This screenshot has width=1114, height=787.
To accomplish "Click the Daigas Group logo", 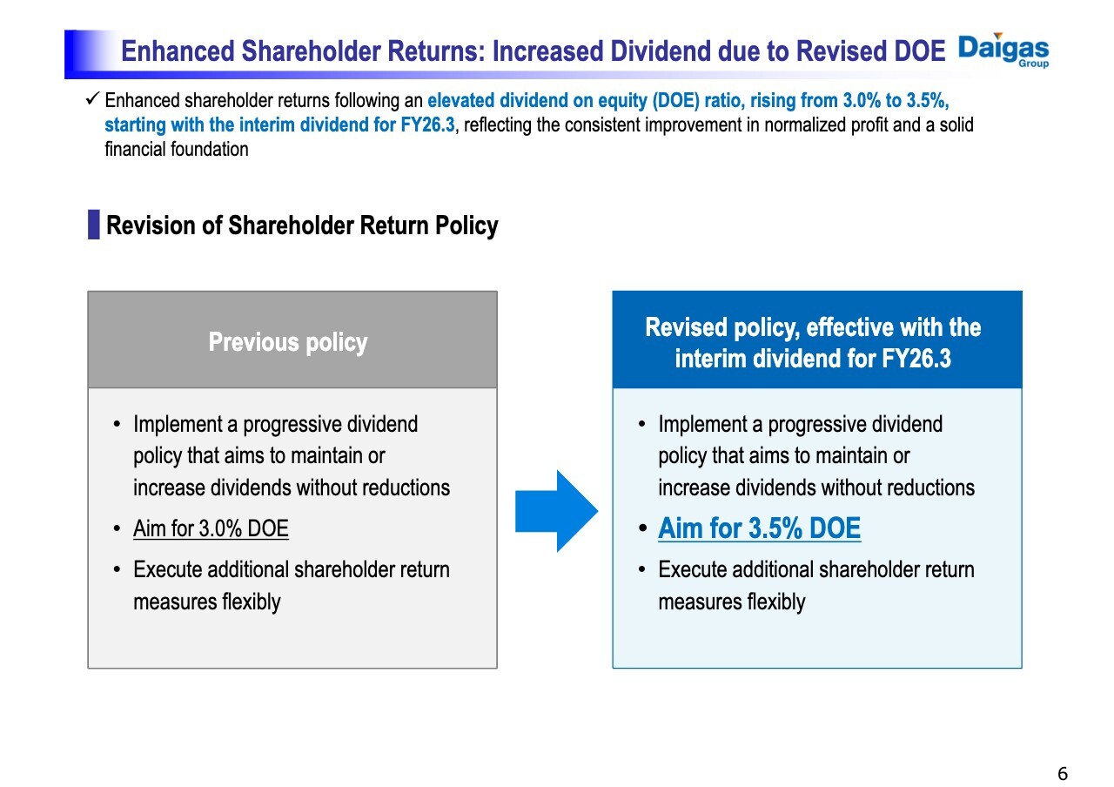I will point(1003,50).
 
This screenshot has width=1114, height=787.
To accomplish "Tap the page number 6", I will point(1062,774).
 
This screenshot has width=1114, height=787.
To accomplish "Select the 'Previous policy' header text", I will point(288,342).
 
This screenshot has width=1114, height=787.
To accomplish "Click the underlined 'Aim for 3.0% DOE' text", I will point(211,528).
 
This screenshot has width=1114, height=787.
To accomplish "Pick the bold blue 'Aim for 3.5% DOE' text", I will point(759,528).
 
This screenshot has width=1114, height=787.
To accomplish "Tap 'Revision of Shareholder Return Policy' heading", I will point(301,225).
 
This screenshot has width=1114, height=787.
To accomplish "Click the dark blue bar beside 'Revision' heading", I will point(93,225).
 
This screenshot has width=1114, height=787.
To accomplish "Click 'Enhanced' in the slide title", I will point(178,51).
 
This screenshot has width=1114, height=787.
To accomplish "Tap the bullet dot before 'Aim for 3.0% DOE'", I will point(117,529).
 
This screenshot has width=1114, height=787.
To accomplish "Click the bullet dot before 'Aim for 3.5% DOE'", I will point(642,529).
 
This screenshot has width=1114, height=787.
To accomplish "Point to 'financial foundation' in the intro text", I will point(177,149).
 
